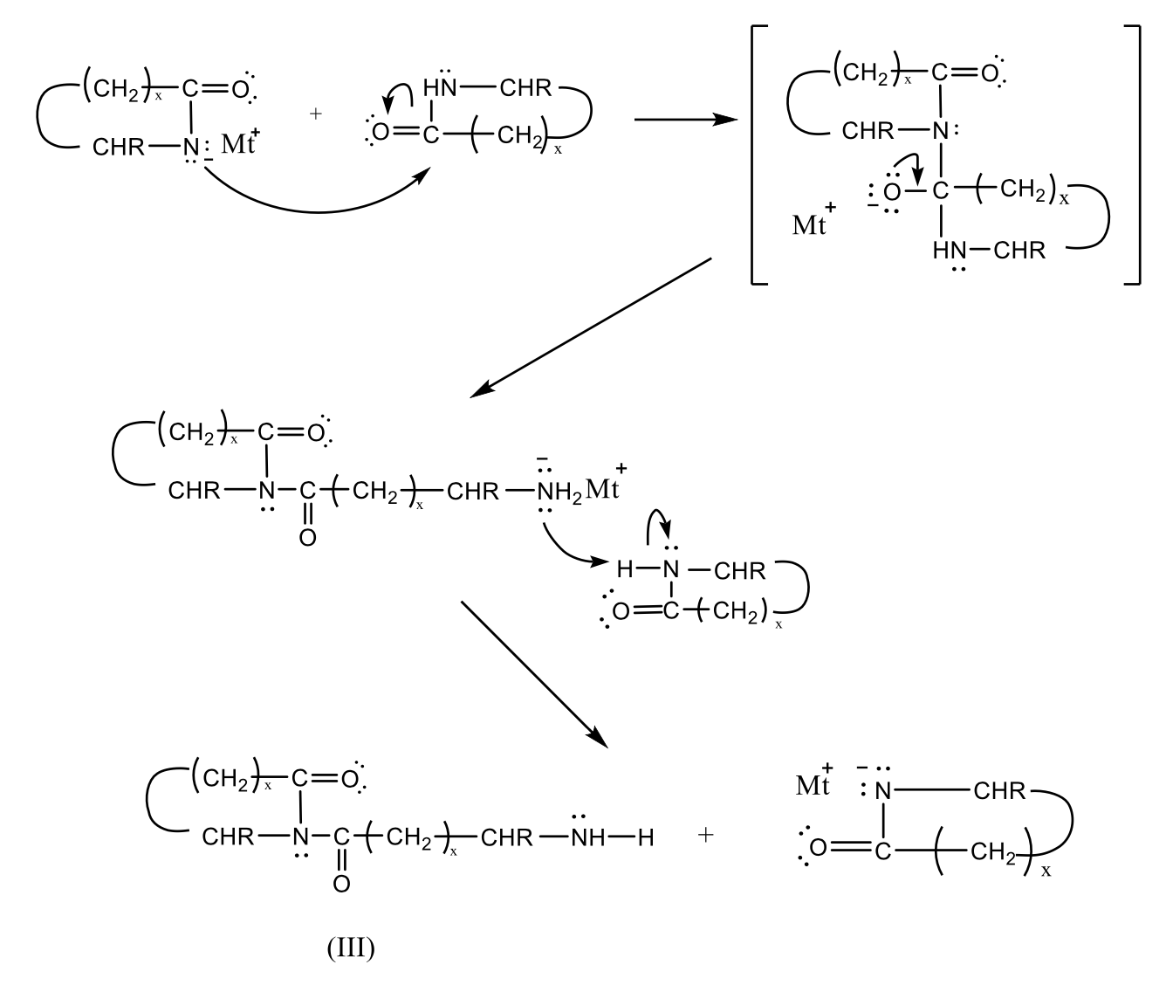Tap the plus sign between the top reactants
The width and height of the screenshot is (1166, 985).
(x=316, y=114)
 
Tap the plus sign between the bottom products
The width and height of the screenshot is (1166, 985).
(x=705, y=835)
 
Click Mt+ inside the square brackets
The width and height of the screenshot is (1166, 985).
(x=813, y=222)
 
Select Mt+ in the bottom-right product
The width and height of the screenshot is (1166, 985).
(x=814, y=783)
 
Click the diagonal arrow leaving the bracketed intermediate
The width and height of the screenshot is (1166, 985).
(x=592, y=327)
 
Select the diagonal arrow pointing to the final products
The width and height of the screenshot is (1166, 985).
(x=532, y=673)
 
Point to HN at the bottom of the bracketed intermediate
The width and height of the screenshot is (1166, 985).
(x=950, y=251)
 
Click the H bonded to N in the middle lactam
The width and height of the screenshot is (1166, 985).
(x=624, y=571)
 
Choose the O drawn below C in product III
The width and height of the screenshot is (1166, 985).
(x=341, y=885)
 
